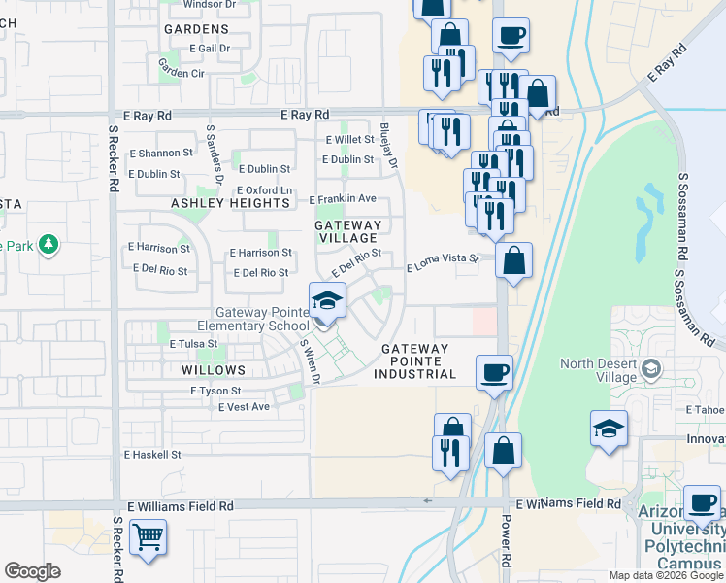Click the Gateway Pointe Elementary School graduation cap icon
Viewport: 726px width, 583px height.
(328, 300)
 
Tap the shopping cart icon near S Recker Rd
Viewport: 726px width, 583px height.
(147, 536)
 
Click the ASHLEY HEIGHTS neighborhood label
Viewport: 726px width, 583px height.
(231, 203)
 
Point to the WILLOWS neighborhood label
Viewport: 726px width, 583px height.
(214, 370)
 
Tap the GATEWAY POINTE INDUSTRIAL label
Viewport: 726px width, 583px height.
(418, 361)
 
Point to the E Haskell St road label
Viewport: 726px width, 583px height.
(152, 454)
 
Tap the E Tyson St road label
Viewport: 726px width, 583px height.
(215, 391)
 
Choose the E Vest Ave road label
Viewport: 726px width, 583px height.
(244, 406)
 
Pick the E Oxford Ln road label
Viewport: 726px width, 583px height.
(265, 190)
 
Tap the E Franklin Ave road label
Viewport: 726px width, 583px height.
(343, 199)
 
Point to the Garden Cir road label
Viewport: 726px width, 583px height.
(181, 73)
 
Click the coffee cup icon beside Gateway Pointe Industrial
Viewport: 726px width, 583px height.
(494, 372)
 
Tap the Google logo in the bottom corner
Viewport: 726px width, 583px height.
(32, 571)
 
